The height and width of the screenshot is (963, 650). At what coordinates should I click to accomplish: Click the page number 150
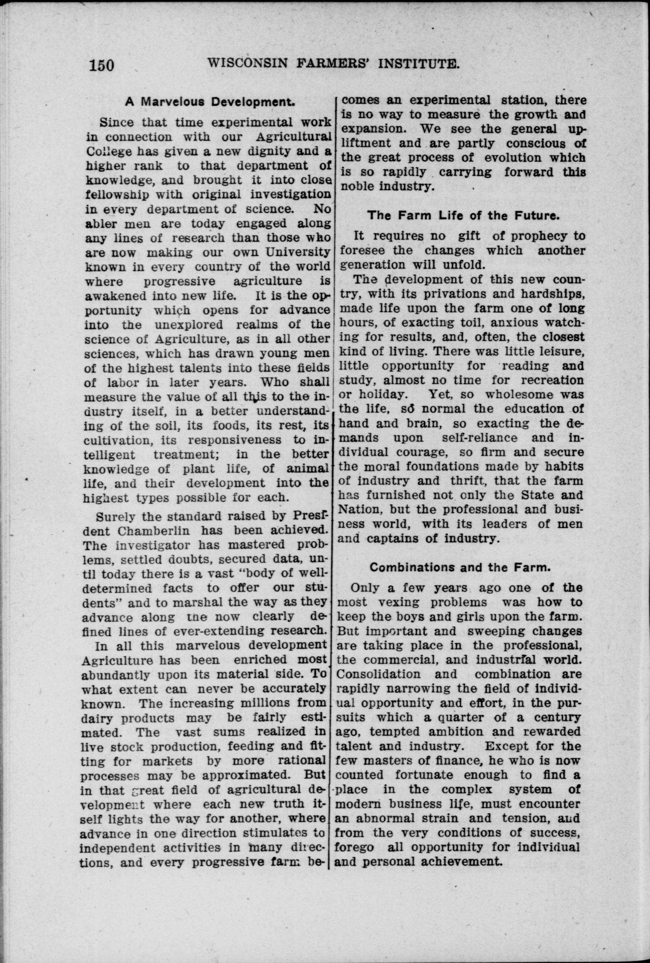pyautogui.click(x=101, y=65)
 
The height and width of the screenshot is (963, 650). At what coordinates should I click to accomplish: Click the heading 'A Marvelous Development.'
pyautogui.click(x=210, y=103)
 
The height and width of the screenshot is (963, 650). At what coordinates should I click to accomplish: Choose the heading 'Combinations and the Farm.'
pyautogui.click(x=460, y=567)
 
